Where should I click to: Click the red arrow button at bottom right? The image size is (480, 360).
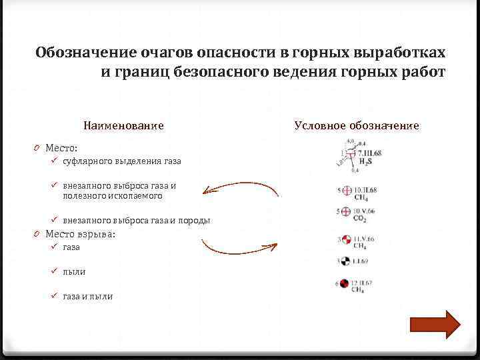(x=435, y=325)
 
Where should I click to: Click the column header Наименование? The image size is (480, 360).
(x=123, y=125)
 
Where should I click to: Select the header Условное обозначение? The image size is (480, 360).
(x=357, y=125)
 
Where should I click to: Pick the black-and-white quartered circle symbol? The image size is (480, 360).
(x=345, y=259)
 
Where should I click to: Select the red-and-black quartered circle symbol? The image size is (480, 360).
(x=345, y=284)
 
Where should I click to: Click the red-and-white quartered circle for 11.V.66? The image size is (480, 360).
(x=345, y=239)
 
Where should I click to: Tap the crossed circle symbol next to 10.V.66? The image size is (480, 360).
(x=345, y=212)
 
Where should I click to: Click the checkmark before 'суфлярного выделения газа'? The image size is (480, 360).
(x=55, y=161)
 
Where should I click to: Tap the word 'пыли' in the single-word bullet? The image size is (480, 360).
(x=74, y=271)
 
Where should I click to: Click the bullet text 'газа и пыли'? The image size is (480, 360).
(x=87, y=296)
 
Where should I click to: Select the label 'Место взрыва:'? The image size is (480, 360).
(x=80, y=234)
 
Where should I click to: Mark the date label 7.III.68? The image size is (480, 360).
(x=366, y=153)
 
